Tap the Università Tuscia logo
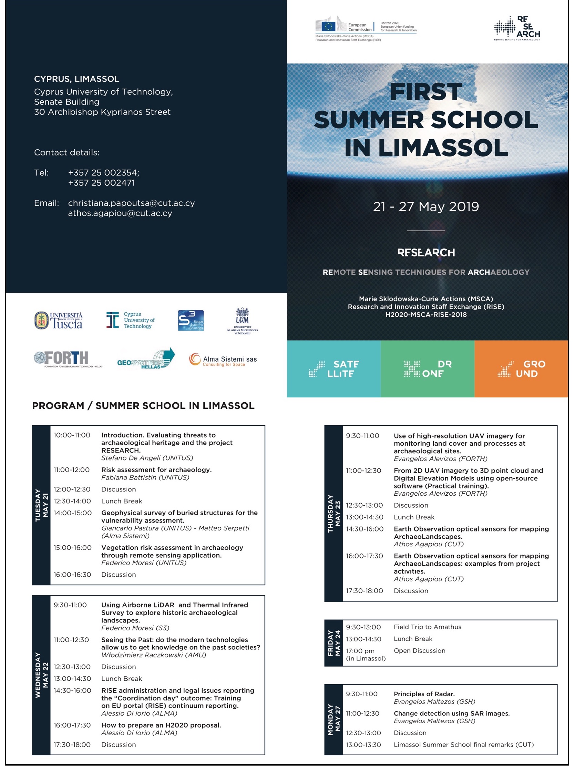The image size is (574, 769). click(x=58, y=321)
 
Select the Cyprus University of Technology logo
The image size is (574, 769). click(x=130, y=320)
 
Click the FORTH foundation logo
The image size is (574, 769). click(x=68, y=359)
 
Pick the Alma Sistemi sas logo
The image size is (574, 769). click(x=223, y=360)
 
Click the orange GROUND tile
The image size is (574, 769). click(x=521, y=369)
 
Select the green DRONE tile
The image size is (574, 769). click(x=427, y=369)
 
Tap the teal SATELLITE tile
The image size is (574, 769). click(x=334, y=369)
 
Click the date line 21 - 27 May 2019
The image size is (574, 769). click(x=426, y=207)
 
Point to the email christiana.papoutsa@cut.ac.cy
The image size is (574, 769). click(x=131, y=203)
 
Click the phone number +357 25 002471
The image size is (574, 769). click(x=101, y=183)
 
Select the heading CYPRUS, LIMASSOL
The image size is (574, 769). click(x=76, y=79)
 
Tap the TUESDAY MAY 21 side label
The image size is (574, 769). click(x=41, y=505)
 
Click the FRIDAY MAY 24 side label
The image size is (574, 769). click(x=334, y=643)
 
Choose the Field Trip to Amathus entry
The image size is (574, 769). click(x=427, y=627)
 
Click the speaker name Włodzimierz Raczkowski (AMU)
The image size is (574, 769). click(x=154, y=655)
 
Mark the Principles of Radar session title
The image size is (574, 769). click(x=424, y=694)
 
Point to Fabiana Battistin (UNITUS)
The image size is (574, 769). click(x=145, y=478)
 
